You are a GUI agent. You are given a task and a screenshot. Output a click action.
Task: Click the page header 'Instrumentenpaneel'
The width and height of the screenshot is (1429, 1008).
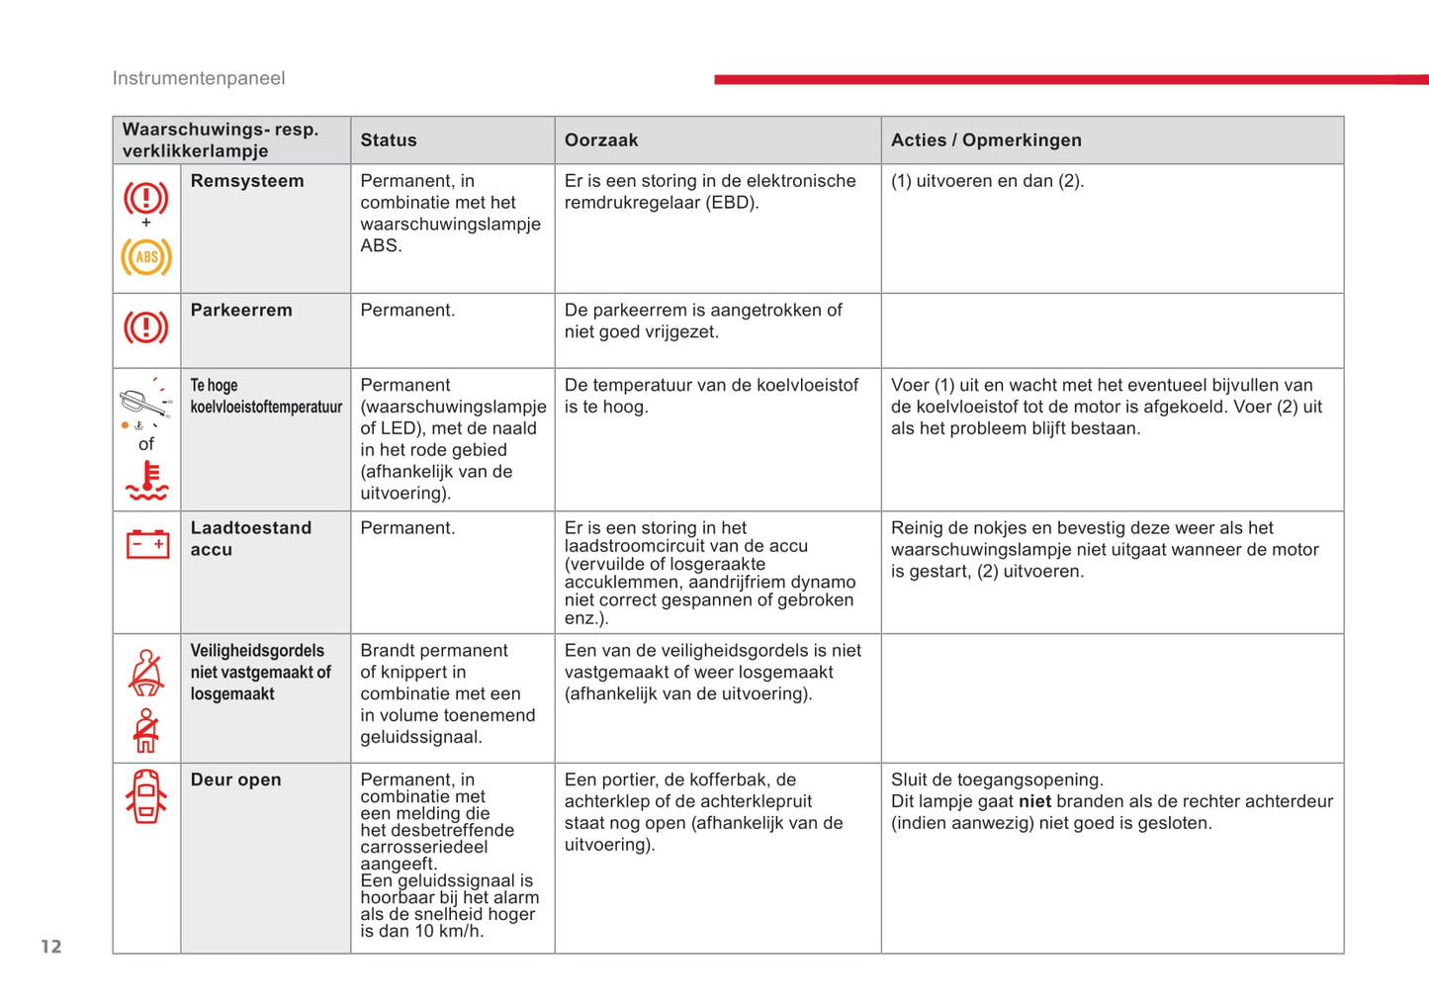coord(198,78)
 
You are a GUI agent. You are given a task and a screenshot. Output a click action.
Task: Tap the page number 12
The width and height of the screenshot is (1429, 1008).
coord(51,947)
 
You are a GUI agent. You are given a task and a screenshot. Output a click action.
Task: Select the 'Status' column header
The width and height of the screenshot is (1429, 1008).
coord(388,140)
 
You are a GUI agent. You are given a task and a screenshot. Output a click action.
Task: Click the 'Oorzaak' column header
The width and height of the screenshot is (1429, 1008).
coord(600,140)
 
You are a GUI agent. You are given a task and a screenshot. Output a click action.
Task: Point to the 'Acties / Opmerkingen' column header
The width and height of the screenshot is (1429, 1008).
coord(985,140)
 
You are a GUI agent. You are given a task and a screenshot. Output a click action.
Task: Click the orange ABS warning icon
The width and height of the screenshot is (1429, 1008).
coord(146,257)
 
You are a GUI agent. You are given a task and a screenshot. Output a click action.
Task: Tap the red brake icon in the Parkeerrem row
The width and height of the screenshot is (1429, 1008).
coord(146,327)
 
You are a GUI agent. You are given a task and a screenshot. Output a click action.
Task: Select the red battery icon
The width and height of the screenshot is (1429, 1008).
coord(147,544)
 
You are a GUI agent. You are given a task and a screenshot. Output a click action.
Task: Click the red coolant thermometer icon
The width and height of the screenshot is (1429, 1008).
coord(146,481)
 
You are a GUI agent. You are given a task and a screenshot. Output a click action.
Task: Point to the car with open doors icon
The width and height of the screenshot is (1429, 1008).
coord(146,796)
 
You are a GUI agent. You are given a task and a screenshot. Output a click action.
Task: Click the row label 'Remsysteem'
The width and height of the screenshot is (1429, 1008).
coord(246,181)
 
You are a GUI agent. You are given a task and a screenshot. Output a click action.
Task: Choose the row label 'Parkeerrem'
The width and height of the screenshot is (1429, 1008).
coord(240,311)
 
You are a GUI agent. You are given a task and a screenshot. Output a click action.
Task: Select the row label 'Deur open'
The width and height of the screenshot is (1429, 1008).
coord(235,780)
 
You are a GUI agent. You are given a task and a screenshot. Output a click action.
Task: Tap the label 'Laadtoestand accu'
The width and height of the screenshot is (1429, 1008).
coord(250,539)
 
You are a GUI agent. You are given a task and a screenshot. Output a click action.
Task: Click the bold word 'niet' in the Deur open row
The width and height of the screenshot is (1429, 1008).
coord(1034,802)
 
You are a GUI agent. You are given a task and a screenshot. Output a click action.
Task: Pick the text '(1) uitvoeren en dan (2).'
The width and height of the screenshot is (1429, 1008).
coord(987,181)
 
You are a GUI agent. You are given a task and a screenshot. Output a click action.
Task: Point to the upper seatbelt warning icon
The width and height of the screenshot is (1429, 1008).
coord(146,672)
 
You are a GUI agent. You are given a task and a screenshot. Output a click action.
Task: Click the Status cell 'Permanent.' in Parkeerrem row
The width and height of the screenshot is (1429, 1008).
coord(407,311)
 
